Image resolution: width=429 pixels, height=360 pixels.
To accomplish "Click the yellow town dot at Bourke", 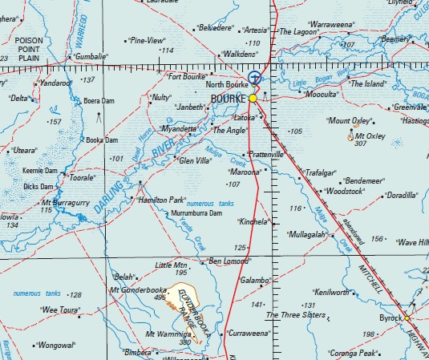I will click(253, 98).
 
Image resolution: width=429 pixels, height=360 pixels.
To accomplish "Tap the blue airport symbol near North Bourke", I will click(254, 77).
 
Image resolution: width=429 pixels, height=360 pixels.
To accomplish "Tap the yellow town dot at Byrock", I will click(407, 318).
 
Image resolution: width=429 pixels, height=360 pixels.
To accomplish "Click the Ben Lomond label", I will click(229, 261).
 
